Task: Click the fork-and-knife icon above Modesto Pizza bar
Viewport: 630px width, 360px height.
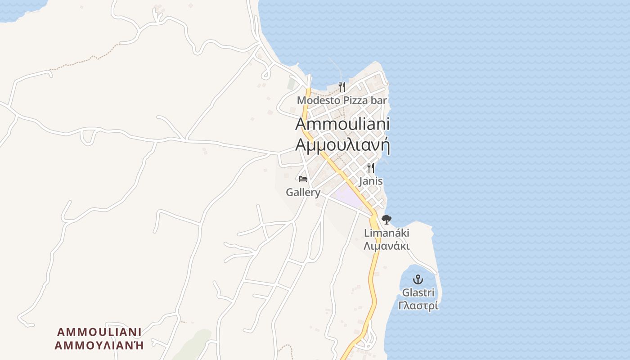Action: pyautogui.click(x=342, y=86)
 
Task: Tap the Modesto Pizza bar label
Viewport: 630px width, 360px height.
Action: pyautogui.click(x=342, y=100)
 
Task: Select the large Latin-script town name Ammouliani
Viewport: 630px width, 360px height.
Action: pyautogui.click(x=342, y=124)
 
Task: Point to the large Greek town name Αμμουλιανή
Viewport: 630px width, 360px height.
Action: pyautogui.click(x=342, y=145)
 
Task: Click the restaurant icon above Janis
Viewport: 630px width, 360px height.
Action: pyautogui.click(x=371, y=168)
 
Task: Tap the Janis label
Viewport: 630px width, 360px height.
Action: pyautogui.click(x=371, y=181)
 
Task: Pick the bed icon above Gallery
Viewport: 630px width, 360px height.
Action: pyautogui.click(x=303, y=179)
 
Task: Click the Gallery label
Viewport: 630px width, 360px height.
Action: pyautogui.click(x=303, y=193)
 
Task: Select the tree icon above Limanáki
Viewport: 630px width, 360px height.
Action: pyautogui.click(x=386, y=220)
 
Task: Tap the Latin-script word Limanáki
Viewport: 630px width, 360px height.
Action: pyautogui.click(x=387, y=233)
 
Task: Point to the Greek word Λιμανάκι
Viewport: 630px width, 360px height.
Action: pyautogui.click(x=387, y=246)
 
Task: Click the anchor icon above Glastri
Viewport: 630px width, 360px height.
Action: pyautogui.click(x=418, y=279)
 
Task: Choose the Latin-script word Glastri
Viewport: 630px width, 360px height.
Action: pyautogui.click(x=418, y=293)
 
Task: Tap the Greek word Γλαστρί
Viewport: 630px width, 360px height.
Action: pyautogui.click(x=418, y=306)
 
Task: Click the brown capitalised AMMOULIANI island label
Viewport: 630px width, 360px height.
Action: pyautogui.click(x=99, y=332)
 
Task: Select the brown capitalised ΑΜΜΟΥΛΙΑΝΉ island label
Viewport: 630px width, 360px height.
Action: pyautogui.click(x=99, y=345)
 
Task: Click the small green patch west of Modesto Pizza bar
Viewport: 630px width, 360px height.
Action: pyautogui.click(x=292, y=84)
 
